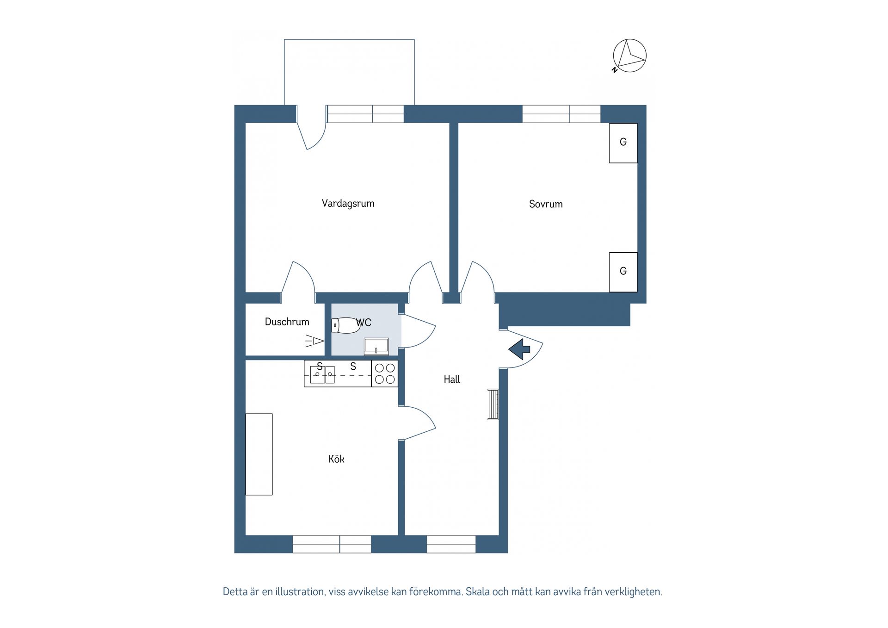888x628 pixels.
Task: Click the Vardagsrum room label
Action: click(348, 204)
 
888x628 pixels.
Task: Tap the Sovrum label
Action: click(546, 204)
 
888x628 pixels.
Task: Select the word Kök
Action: click(336, 459)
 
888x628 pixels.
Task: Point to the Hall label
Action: click(452, 379)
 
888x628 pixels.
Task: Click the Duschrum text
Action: click(287, 322)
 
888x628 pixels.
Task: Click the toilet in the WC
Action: click(345, 325)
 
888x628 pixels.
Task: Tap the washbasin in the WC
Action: click(376, 346)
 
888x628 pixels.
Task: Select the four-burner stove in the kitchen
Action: click(385, 373)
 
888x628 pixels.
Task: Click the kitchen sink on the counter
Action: click(322, 374)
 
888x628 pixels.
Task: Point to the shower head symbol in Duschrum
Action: click(315, 342)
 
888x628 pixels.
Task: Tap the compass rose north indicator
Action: click(629, 56)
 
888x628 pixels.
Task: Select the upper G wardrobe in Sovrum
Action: click(623, 143)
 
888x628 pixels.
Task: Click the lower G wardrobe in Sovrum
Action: click(623, 272)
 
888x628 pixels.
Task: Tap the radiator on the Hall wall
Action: click(493, 404)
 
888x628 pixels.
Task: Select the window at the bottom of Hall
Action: click(451, 544)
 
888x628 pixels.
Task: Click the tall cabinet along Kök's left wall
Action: click(259, 454)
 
